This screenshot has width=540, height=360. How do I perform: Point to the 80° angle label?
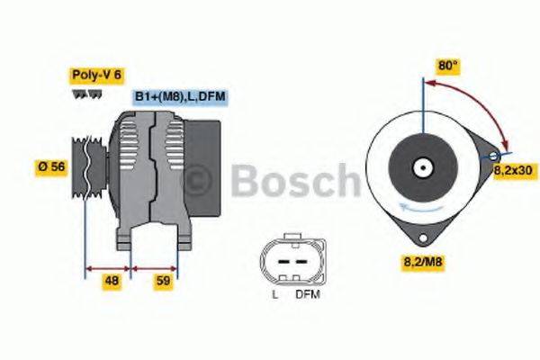click(448, 66)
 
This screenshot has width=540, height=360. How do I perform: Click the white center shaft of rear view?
click(421, 167)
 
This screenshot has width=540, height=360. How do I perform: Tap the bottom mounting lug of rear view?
click(421, 236)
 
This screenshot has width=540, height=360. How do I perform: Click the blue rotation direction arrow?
click(405, 209)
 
